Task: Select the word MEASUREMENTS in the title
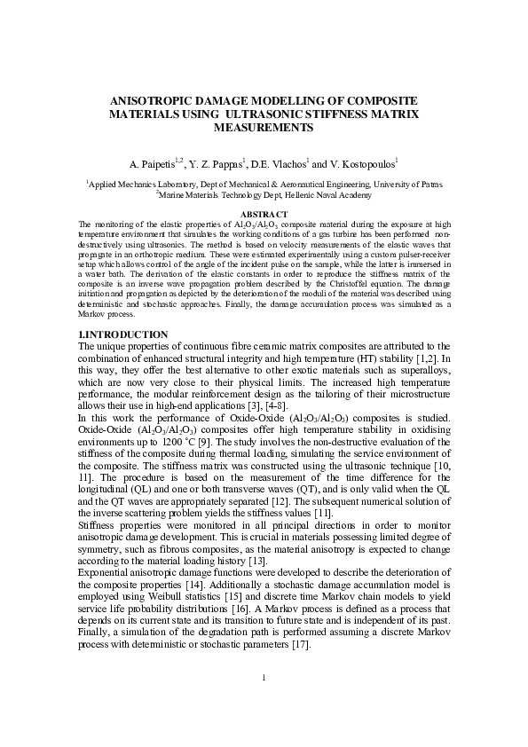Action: pyautogui.click(x=264, y=128)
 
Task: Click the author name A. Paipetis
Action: pyautogui.click(x=152, y=164)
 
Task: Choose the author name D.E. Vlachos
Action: pyautogui.click(x=278, y=164)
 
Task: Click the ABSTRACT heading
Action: pyautogui.click(x=264, y=215)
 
